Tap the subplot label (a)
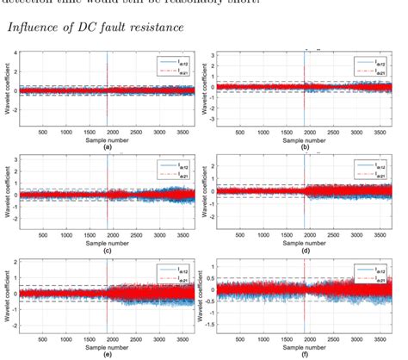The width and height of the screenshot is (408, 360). pos(107,147)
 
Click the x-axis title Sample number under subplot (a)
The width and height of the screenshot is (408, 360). pos(107,140)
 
